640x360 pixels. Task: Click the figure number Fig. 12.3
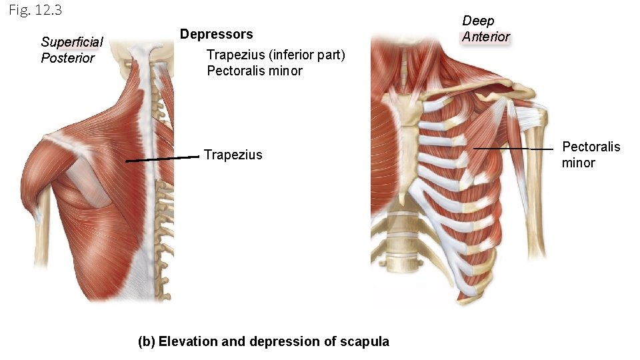coord(35,11)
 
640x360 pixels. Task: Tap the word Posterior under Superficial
coord(67,58)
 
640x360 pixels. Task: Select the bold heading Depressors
coord(217,34)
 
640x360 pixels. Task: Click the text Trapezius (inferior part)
coord(276,55)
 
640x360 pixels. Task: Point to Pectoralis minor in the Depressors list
coord(255,71)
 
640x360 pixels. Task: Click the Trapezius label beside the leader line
coord(233,155)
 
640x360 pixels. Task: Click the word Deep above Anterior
coord(478,21)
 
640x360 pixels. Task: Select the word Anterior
coord(486,37)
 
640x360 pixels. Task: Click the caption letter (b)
coord(146,341)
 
